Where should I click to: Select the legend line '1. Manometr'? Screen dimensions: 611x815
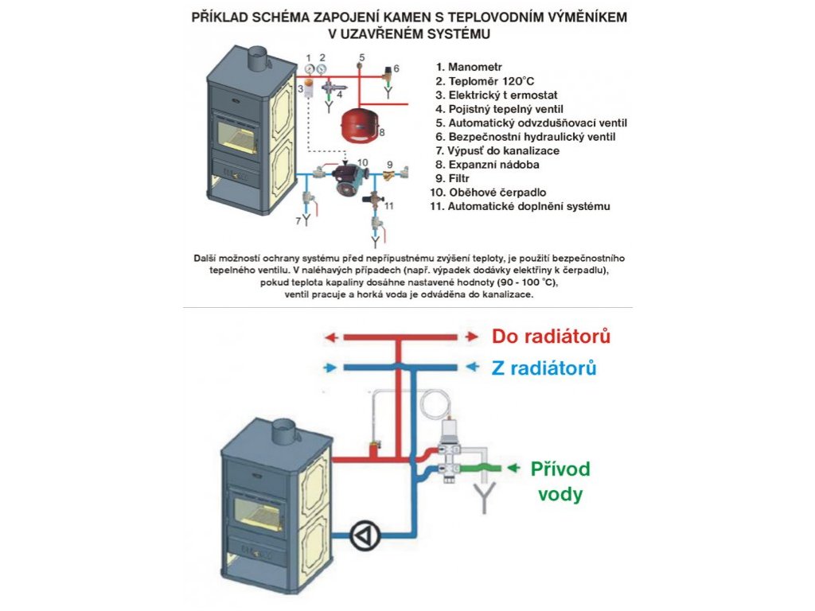[x=476, y=66]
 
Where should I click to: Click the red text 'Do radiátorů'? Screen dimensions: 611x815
[x=551, y=337]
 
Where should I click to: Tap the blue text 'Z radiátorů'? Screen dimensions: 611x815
[x=544, y=368]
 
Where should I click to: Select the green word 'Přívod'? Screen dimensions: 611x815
[x=560, y=469]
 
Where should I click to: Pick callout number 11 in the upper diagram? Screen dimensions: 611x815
[x=389, y=205]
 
